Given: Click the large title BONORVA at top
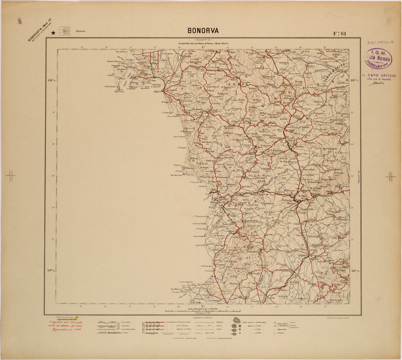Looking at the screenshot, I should (x=203, y=31).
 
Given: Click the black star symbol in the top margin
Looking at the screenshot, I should (x=53, y=32).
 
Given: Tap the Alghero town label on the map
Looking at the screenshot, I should (x=157, y=92).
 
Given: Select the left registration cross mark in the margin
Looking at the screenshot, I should (x=10, y=176).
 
